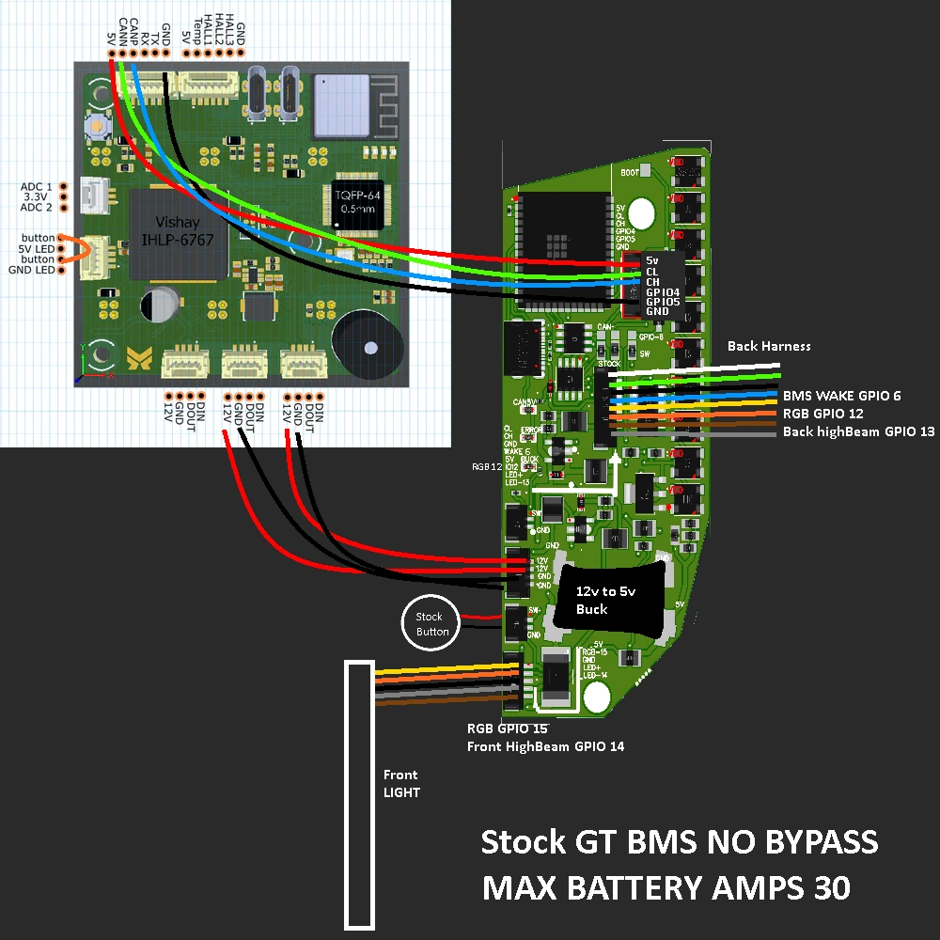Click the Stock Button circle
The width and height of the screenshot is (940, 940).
432,624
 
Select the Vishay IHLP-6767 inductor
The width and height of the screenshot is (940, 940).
178,234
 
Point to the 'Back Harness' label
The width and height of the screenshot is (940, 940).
768,346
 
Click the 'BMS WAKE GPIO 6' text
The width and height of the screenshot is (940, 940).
841,396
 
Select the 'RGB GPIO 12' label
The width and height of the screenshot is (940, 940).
822,414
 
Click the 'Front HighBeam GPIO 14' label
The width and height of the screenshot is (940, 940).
545,746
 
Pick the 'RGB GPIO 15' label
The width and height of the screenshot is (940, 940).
507,728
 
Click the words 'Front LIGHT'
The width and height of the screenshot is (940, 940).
400,783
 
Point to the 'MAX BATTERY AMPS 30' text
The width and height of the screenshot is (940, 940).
666,887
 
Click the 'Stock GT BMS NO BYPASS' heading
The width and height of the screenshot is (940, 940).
679,842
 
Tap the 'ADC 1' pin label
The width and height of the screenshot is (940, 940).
37,186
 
